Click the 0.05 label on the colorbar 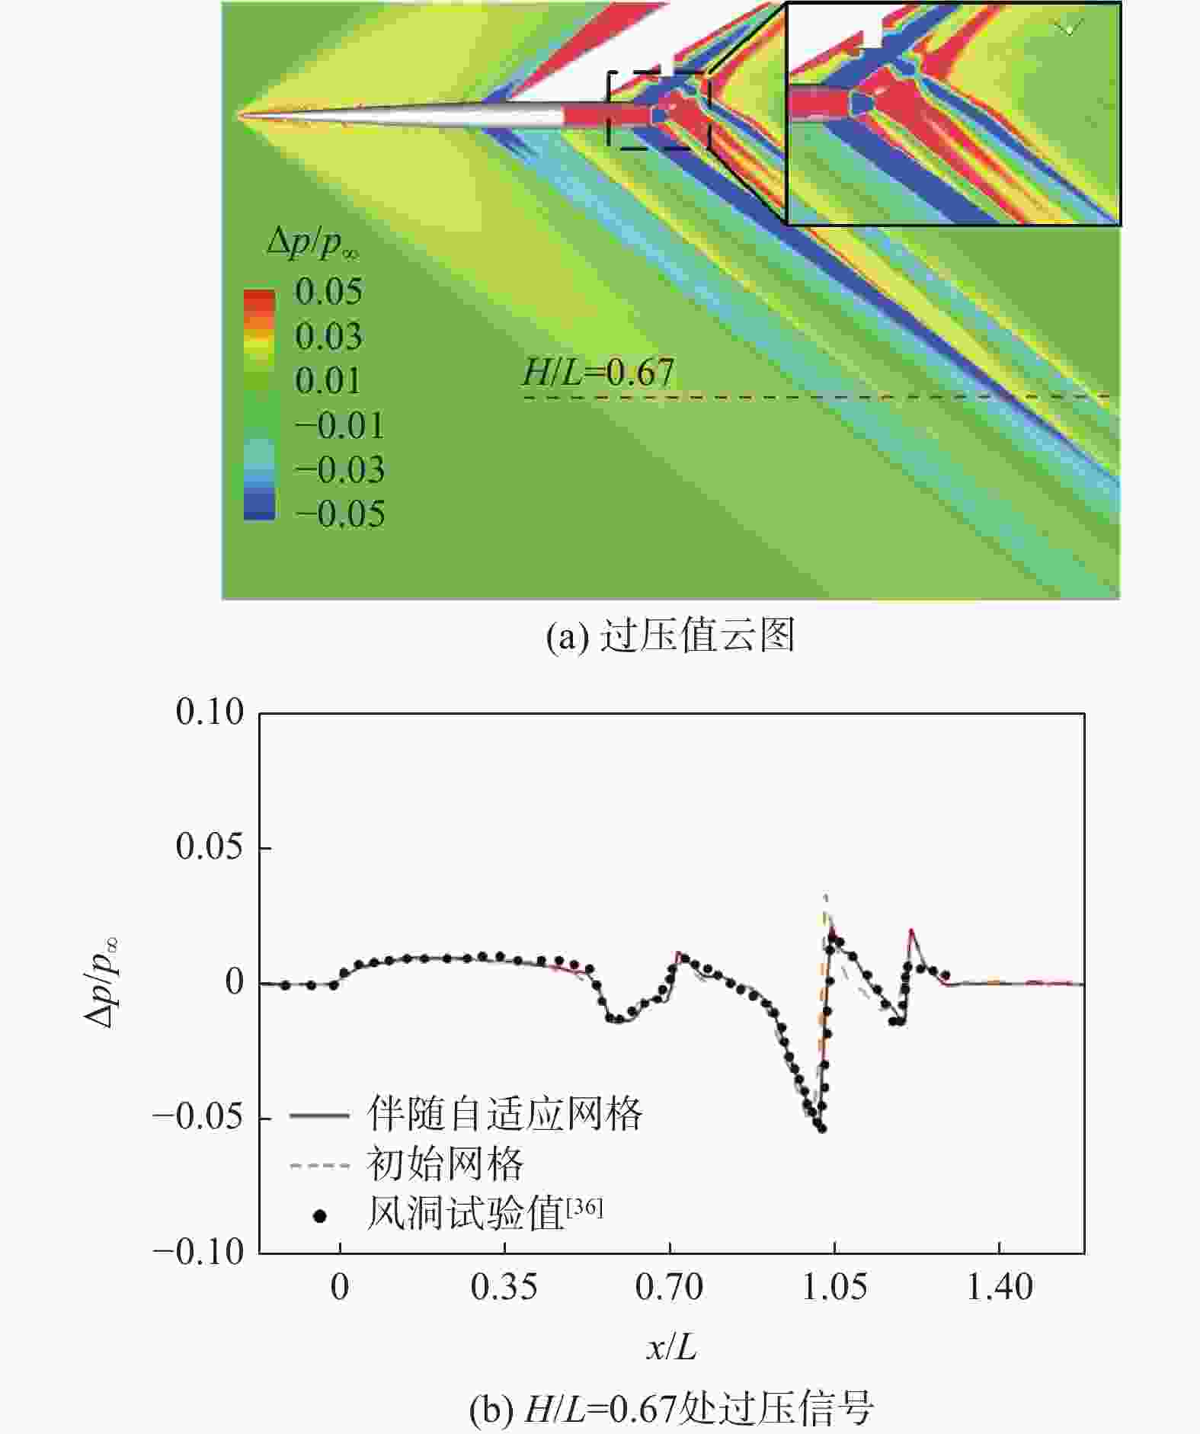[x=328, y=292]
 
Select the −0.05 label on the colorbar [x=340, y=514]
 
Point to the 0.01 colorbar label [x=328, y=381]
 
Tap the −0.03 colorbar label [x=340, y=470]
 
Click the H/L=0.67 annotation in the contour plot [x=598, y=373]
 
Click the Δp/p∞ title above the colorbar [x=313, y=243]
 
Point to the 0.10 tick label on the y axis [x=210, y=713]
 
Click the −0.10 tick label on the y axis [x=198, y=1252]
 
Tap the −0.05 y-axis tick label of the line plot [x=198, y=1117]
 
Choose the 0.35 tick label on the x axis [x=504, y=1288]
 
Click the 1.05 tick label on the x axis [x=834, y=1288]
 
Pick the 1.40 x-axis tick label [x=1000, y=1288]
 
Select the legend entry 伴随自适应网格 [x=504, y=1115]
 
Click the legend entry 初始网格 [x=445, y=1164]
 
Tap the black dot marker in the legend [x=320, y=1217]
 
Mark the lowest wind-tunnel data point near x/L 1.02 [x=822, y=1128]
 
